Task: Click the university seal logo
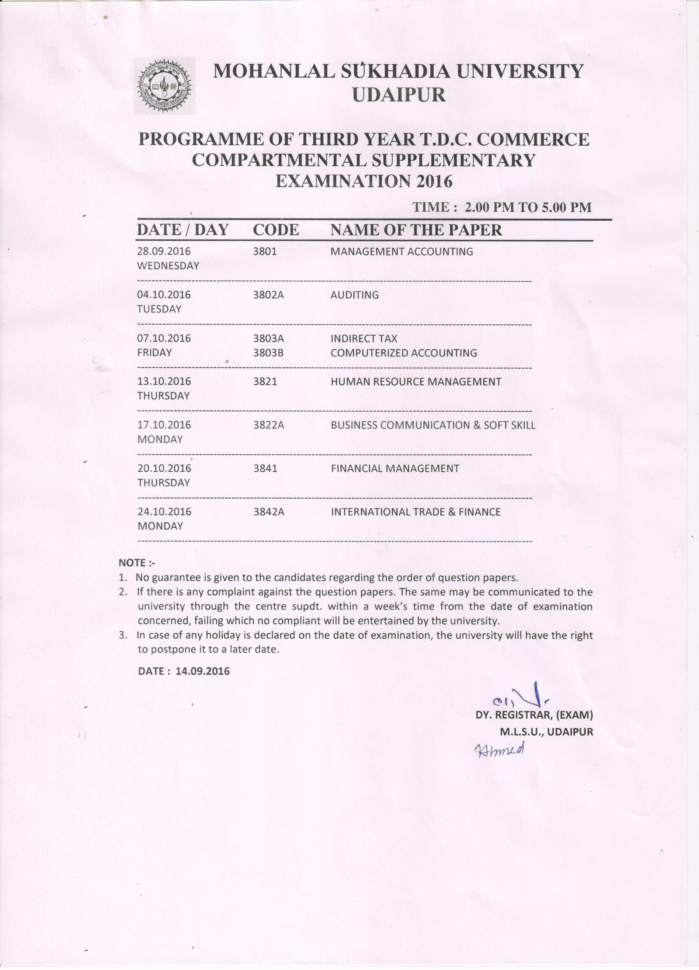[165, 86]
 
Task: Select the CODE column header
[276, 230]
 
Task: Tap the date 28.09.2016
[164, 251]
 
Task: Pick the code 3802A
[268, 295]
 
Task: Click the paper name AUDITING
[354, 295]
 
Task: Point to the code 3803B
[268, 353]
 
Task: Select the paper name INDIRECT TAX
[364, 338]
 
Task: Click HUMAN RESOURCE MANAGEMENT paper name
[416, 381]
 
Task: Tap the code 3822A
[268, 425]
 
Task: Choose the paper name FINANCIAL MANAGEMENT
[395, 468]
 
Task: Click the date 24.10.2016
[164, 511]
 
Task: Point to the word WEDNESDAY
[168, 266]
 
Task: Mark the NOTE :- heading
[137, 563]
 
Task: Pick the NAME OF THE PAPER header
[416, 230]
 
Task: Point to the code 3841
[265, 468]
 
